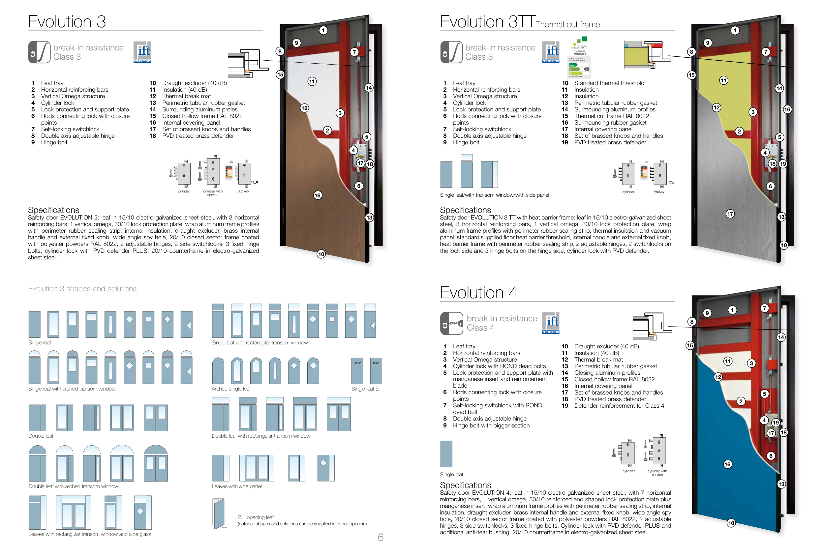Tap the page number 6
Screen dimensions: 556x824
[x=381, y=537]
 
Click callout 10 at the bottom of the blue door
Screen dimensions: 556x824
[x=731, y=523]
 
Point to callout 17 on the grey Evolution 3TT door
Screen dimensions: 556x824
[x=730, y=214]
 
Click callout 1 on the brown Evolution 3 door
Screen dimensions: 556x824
[x=323, y=30]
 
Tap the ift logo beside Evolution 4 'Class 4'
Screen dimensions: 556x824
[x=551, y=322]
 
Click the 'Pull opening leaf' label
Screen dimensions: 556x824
[x=255, y=517]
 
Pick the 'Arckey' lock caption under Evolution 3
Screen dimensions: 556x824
[x=243, y=191]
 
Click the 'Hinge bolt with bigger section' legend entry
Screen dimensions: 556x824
[x=491, y=425]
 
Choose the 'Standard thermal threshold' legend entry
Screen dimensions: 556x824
[x=609, y=83]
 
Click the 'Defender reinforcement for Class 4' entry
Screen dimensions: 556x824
[x=619, y=405]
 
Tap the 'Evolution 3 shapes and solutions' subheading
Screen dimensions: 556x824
[x=82, y=289]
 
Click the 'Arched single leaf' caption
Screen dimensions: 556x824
[x=231, y=389]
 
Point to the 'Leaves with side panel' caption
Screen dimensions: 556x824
[x=236, y=486]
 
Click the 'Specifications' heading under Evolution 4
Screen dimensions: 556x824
[x=465, y=485]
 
